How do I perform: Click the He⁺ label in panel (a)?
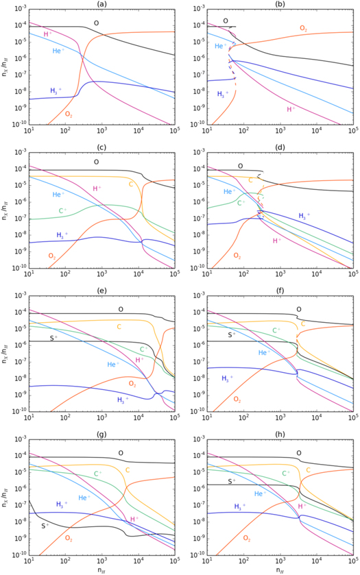coord(60,51)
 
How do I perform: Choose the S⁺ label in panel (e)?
coord(39,337)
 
